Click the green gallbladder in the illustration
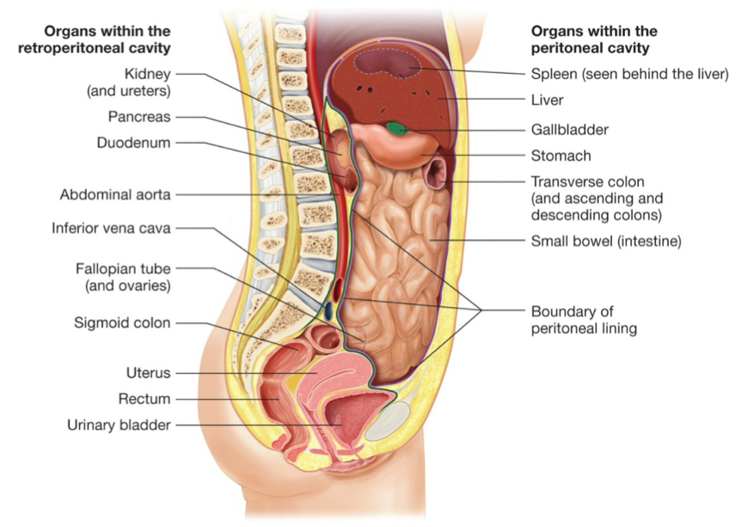click(397, 129)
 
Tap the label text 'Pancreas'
click(139, 117)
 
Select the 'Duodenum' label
click(133, 143)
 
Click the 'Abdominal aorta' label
click(115, 194)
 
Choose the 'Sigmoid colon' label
click(122, 323)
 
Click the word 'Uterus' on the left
click(149, 373)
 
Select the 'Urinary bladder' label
click(120, 425)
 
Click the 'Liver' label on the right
click(547, 101)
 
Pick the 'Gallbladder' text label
click(569, 130)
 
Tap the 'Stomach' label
click(561, 156)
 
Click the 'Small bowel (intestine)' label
click(605, 242)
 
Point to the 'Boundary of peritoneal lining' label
click(584, 319)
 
